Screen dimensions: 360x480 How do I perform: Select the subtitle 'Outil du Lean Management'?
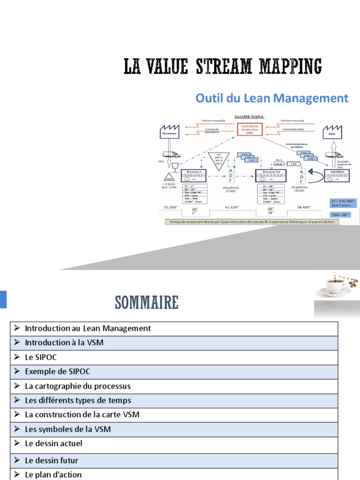pyautogui.click(x=272, y=98)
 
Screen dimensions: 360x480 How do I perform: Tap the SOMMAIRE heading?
pyautogui.click(x=147, y=303)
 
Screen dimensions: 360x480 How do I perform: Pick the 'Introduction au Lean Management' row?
pyautogui.click(x=88, y=329)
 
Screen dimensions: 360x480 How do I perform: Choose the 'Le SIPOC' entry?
pyautogui.click(x=41, y=357)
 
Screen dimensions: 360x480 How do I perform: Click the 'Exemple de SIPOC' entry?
pyautogui.click(x=58, y=372)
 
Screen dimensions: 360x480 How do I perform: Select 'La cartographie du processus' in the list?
pyautogui.click(x=78, y=386)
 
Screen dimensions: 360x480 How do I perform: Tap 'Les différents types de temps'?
pyautogui.click(x=78, y=401)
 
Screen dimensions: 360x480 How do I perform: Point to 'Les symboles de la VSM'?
pyautogui.click(x=68, y=429)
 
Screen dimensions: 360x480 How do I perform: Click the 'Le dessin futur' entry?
pyautogui.click(x=52, y=460)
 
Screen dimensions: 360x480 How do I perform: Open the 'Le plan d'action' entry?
pyautogui.click(x=53, y=474)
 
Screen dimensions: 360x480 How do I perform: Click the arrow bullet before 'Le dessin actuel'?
pyautogui.click(x=17, y=443)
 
